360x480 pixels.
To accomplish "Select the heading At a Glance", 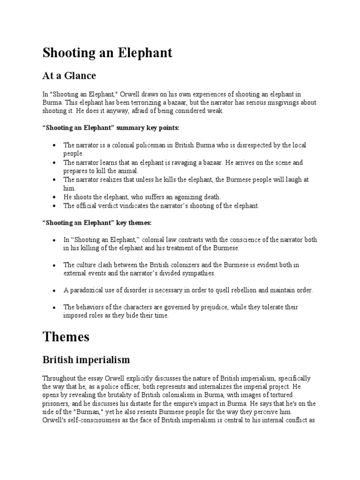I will tap(69, 75).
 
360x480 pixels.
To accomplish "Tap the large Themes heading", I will tap(66, 337).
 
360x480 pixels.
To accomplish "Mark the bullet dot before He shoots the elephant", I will tap(56, 197).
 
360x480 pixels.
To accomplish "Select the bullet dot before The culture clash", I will tap(56, 265).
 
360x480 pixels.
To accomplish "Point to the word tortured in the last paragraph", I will tap(279, 395).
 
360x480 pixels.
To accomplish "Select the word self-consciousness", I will tap(93, 420).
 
